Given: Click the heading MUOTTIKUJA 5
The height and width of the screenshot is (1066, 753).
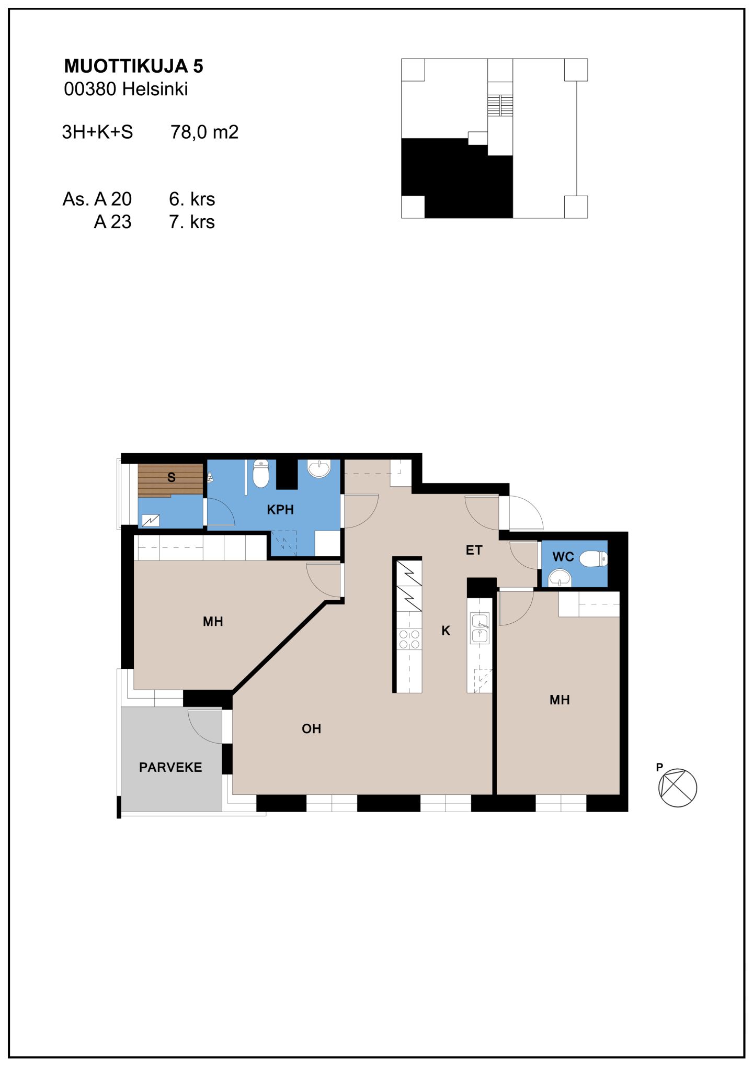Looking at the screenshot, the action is pos(133,66).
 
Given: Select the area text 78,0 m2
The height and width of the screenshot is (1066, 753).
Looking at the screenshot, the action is pos(204,132).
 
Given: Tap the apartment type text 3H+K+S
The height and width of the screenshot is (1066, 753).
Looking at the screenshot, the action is pos(97,132).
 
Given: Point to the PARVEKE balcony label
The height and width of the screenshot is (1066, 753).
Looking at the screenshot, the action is pos(170,767).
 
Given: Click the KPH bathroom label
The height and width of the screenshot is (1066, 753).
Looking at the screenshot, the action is pos(280,509).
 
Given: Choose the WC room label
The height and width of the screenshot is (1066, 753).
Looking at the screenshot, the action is pos(563,557).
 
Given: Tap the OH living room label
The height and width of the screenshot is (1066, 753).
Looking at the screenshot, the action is pos(311,728).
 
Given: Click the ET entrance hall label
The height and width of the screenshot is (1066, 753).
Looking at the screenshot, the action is pos(474,550).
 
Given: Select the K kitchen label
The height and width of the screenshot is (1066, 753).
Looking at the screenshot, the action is pos(446,631).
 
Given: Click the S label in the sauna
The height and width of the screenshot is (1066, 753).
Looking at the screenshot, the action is pos(171,477).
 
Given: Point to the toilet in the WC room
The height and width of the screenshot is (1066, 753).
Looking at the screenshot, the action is pos(593,559).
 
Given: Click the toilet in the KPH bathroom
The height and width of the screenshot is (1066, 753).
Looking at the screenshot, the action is pos(261,473).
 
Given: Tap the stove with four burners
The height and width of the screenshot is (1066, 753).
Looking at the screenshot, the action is pos(409,639).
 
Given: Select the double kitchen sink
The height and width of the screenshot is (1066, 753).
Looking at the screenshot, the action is pos(480,628).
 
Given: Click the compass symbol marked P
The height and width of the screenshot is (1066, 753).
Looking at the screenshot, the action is pos(677,788).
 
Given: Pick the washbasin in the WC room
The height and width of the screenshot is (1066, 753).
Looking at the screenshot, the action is pos(560,578).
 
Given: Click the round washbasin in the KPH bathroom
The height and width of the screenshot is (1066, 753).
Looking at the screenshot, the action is pos(319,468).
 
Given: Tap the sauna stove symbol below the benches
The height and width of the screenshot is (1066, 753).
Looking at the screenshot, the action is pos(151,520).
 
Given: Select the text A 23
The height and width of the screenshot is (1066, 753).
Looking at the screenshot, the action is pos(112,222).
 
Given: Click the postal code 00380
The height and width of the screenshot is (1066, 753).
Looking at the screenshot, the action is pos(90,89).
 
